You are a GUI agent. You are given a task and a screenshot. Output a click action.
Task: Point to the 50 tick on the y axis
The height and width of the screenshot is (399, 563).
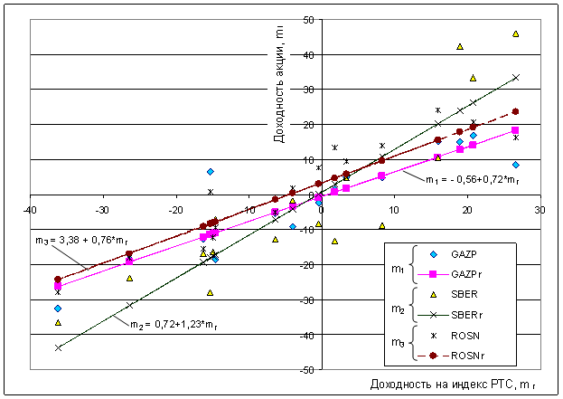[309, 20]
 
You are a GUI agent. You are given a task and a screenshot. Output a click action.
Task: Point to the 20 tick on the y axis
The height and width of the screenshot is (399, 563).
[309, 125]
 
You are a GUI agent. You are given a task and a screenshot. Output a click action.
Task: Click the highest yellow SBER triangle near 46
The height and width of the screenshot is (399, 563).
[516, 33]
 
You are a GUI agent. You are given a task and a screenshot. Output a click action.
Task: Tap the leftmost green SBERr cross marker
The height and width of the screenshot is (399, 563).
[59, 347]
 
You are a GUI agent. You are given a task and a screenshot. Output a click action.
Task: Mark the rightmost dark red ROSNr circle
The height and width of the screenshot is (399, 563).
[516, 112]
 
